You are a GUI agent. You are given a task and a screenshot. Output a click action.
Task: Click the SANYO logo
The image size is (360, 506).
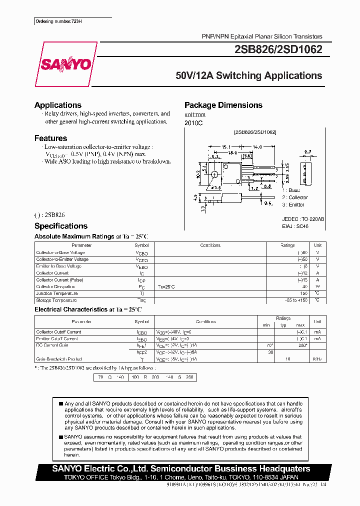point(66,64)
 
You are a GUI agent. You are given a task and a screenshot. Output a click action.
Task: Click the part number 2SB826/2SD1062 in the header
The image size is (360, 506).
point(278,49)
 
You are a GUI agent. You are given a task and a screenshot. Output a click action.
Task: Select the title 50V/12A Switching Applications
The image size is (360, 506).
point(249,76)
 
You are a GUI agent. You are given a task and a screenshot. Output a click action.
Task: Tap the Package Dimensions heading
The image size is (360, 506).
point(223,105)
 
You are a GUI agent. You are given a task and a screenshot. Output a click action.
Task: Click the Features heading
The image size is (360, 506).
point(50,138)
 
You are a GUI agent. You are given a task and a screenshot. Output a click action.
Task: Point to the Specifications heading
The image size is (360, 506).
point(61,226)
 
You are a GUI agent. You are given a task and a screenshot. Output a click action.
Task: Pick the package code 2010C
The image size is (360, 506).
point(193,122)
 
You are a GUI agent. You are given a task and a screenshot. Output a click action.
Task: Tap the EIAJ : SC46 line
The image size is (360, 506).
point(295,226)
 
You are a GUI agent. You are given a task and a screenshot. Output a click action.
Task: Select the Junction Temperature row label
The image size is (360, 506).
point(56,293)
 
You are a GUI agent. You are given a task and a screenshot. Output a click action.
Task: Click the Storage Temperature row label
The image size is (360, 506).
point(56,300)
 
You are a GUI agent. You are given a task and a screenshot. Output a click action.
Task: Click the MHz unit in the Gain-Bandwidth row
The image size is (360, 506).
point(317,359)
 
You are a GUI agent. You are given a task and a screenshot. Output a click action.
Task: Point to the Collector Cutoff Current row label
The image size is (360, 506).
point(58,332)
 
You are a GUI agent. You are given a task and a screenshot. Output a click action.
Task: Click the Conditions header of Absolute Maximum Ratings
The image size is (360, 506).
point(210,245)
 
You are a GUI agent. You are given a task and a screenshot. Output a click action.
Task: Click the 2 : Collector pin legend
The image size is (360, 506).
point(295,197)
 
